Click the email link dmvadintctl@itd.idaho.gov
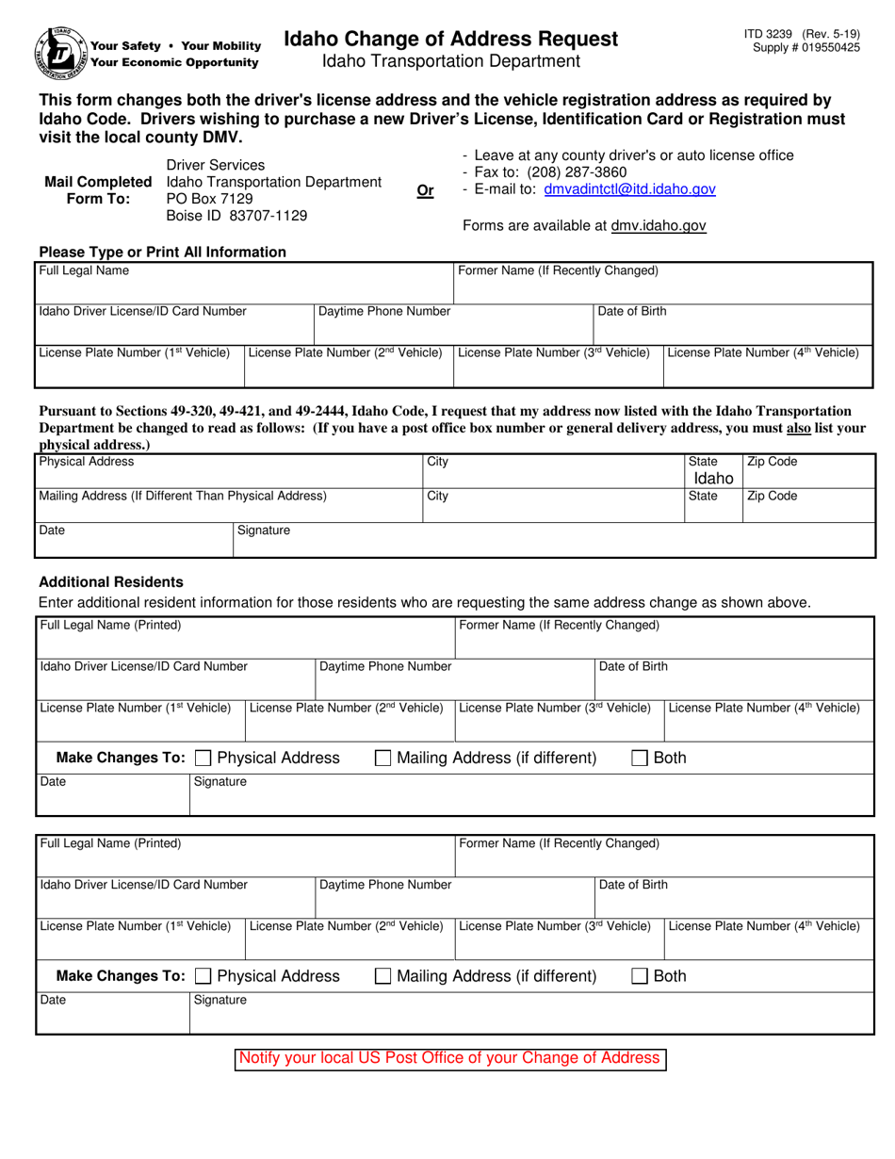click(x=629, y=189)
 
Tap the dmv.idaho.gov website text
click(x=659, y=226)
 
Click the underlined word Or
click(x=425, y=190)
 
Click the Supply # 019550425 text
click(x=805, y=47)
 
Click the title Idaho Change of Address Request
click(x=451, y=39)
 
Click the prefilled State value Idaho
click(x=713, y=479)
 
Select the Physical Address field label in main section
click(x=87, y=462)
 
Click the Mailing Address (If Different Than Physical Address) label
click(x=183, y=496)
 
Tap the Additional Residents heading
click(x=110, y=581)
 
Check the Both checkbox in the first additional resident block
click(x=640, y=758)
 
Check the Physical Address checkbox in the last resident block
click(x=203, y=976)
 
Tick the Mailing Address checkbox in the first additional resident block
click(x=383, y=758)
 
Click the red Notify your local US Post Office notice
click(x=449, y=1058)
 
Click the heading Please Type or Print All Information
click(x=162, y=252)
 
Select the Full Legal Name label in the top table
click(x=84, y=270)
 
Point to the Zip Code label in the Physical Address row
click(x=772, y=462)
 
